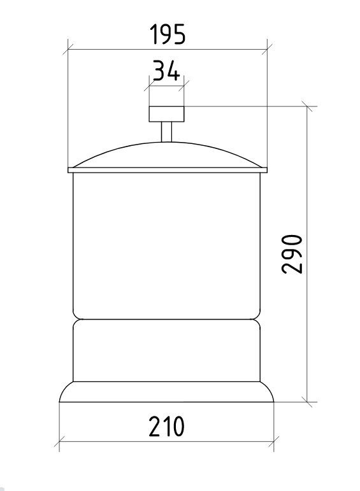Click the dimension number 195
click(x=168, y=34)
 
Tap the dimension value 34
click(x=166, y=71)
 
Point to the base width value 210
click(x=166, y=426)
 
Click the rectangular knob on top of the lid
click(x=166, y=114)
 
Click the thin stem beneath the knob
click(x=166, y=132)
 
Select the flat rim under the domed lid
click(x=168, y=170)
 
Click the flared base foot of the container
click(x=166, y=392)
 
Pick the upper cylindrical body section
click(x=166, y=246)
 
